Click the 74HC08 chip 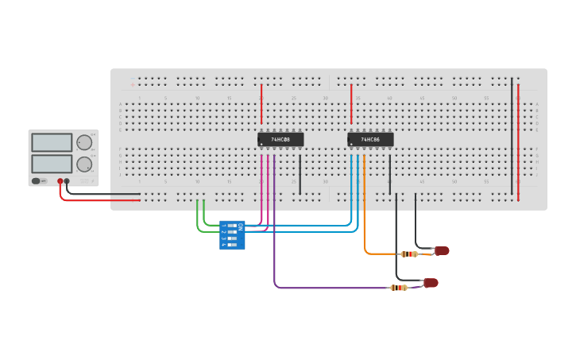[280, 139]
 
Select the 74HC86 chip [370, 139]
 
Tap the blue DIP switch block [232, 235]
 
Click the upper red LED [442, 251]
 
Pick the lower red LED [431, 283]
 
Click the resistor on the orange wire [409, 254]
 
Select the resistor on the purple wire [399, 288]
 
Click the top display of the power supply [52, 142]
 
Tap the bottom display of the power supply [52, 164]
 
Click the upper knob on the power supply [83, 142]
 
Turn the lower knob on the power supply [83, 165]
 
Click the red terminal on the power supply [60, 181]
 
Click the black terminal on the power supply [68, 181]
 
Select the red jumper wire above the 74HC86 [351, 103]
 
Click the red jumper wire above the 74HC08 [261, 103]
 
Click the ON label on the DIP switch [241, 226]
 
